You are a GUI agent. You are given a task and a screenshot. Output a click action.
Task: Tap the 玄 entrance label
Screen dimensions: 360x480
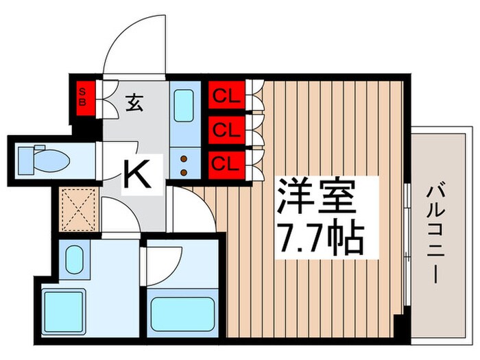(134, 105)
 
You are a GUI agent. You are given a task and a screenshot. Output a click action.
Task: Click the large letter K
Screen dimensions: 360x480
(137, 175)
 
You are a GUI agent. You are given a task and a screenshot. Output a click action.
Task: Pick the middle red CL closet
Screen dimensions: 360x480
(224, 129)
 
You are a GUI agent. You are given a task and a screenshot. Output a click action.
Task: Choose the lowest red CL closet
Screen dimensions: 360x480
(224, 163)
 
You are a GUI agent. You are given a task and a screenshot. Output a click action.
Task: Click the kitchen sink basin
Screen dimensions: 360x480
(184, 104)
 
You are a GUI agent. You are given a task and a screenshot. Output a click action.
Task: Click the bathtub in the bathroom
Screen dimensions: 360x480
(180, 313)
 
